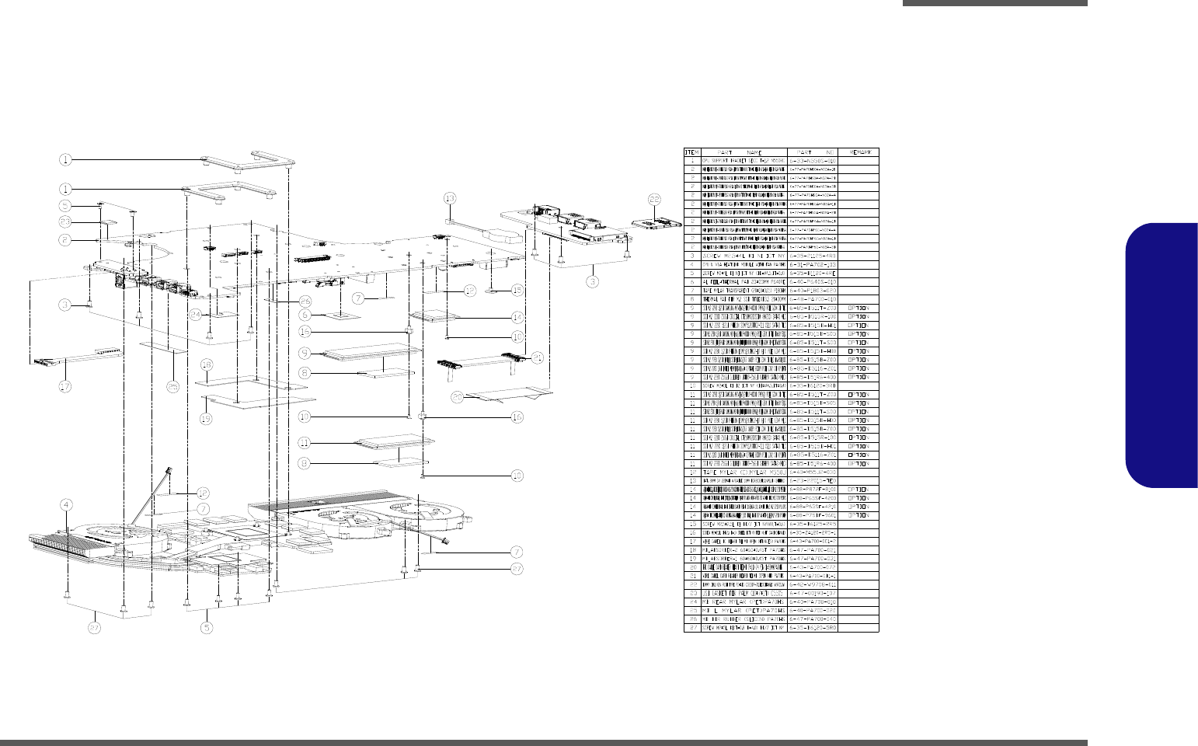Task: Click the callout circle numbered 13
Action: click(x=449, y=197)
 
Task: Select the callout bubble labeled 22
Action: click(x=654, y=200)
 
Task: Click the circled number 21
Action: click(x=537, y=356)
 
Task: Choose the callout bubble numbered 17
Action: click(x=66, y=385)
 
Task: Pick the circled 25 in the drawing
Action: click(x=172, y=385)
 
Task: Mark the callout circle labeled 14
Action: click(x=517, y=317)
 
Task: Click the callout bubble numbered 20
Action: click(x=458, y=397)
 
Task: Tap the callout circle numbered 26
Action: click(x=305, y=300)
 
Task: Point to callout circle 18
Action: click(x=206, y=364)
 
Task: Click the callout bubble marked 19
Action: click(x=206, y=419)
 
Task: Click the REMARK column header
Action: click(x=858, y=152)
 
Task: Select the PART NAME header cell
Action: click(x=744, y=152)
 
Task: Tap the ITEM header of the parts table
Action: click(x=691, y=152)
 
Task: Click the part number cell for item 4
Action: click(x=812, y=265)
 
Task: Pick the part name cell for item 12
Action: click(x=744, y=472)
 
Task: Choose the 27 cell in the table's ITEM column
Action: click(x=691, y=628)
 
